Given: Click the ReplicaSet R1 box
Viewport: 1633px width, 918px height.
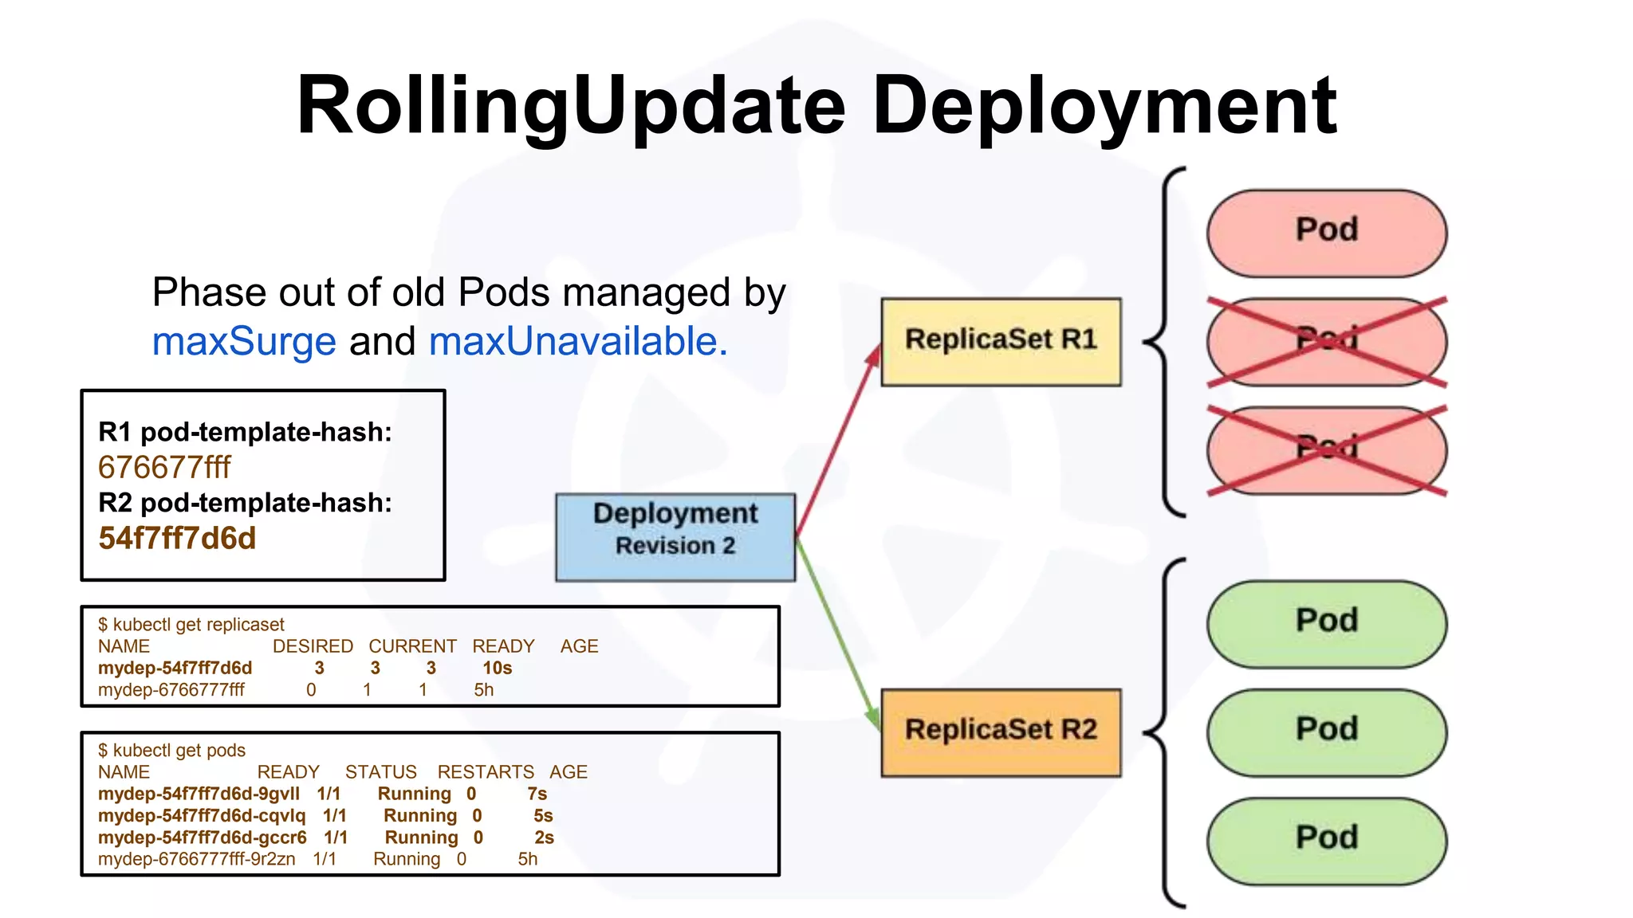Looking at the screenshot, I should [1001, 342].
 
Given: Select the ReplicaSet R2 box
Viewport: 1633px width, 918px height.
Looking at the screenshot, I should [1001, 732].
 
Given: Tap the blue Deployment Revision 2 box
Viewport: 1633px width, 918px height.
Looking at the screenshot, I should [675, 536].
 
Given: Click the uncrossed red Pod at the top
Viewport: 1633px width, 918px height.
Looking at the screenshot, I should [1326, 233].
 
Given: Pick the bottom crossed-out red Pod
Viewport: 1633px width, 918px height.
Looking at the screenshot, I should [1326, 450].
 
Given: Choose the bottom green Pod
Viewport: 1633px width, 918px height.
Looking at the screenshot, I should [1326, 840].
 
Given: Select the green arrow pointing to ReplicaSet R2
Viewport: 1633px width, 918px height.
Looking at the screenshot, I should [837, 633].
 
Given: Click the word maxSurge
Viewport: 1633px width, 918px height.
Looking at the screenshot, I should [244, 342].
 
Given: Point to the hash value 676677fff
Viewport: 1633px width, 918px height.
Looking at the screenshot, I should [164, 468].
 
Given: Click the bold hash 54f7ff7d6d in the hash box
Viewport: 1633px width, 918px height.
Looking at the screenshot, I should [177, 539].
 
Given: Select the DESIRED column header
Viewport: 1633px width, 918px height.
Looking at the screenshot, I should [313, 646].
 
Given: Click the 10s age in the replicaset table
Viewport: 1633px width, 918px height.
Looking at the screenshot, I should [497, 668].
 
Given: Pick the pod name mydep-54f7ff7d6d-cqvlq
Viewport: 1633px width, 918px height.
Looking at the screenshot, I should [202, 816].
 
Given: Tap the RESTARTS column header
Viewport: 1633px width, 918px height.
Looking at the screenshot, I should [486, 772].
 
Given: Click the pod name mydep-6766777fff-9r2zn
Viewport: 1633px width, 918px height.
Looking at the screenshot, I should [196, 860].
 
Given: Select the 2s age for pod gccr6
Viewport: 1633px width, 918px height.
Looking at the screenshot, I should [544, 838].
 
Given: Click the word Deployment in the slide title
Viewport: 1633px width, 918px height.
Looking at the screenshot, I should [1104, 105].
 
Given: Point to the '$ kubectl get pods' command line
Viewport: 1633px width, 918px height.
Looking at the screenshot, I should [171, 751].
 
